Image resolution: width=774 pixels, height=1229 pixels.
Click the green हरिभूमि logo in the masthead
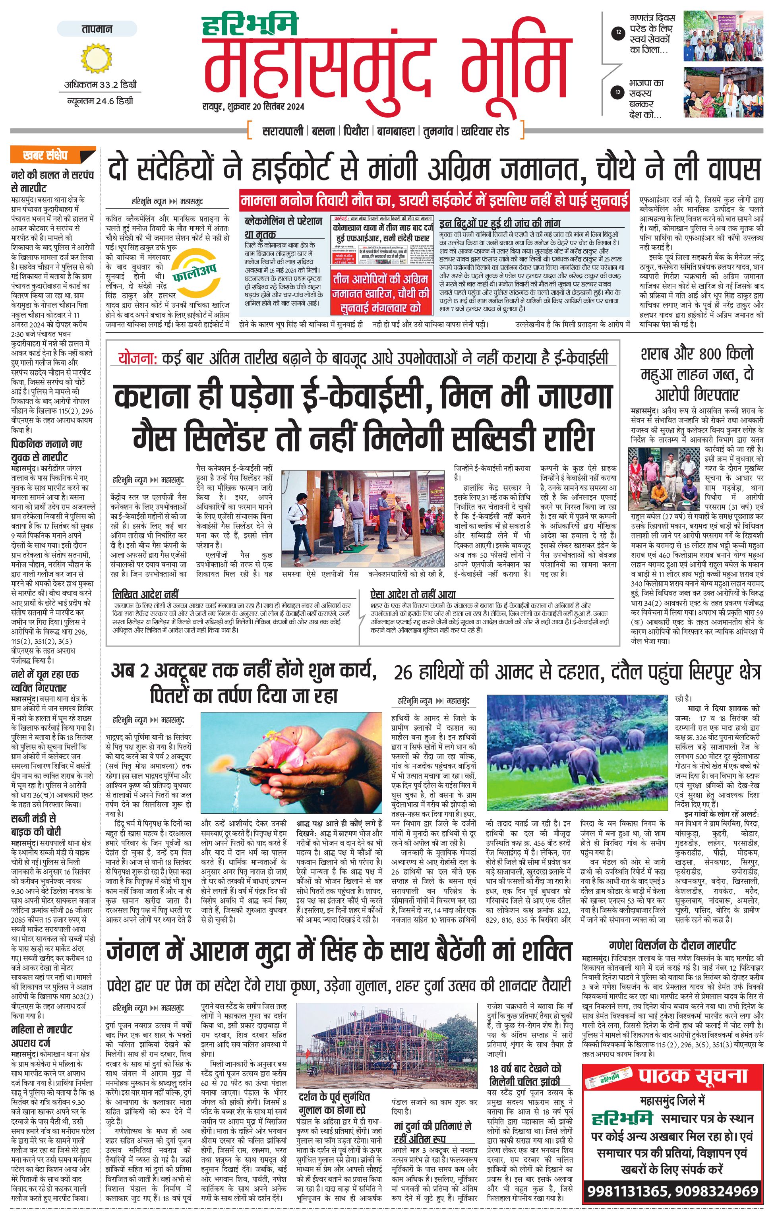(250, 25)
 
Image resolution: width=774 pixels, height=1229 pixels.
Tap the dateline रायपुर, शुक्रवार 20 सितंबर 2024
(253, 106)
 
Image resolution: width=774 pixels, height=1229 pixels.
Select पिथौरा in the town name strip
(356, 131)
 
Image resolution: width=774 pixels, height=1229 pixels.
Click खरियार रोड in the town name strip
(485, 131)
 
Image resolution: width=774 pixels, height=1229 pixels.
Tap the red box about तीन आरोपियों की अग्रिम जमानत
(381, 293)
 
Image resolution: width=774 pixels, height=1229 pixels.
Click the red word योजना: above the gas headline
(133, 358)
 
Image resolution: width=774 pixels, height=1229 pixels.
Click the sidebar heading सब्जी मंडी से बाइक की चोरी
(43, 825)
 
